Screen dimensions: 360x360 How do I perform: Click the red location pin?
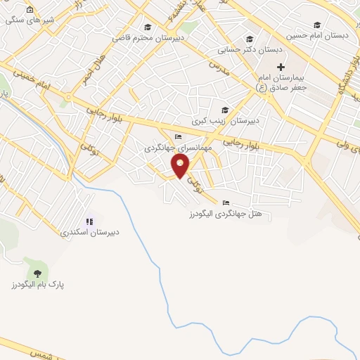(181, 166)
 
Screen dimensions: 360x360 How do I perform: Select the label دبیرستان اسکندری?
(89, 231)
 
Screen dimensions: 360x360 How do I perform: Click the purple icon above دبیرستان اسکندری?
(89, 220)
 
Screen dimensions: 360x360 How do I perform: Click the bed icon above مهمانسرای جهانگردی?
(179, 136)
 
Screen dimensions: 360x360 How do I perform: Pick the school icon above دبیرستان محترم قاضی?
(147, 27)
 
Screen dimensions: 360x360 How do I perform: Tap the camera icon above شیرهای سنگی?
(29, 10)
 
